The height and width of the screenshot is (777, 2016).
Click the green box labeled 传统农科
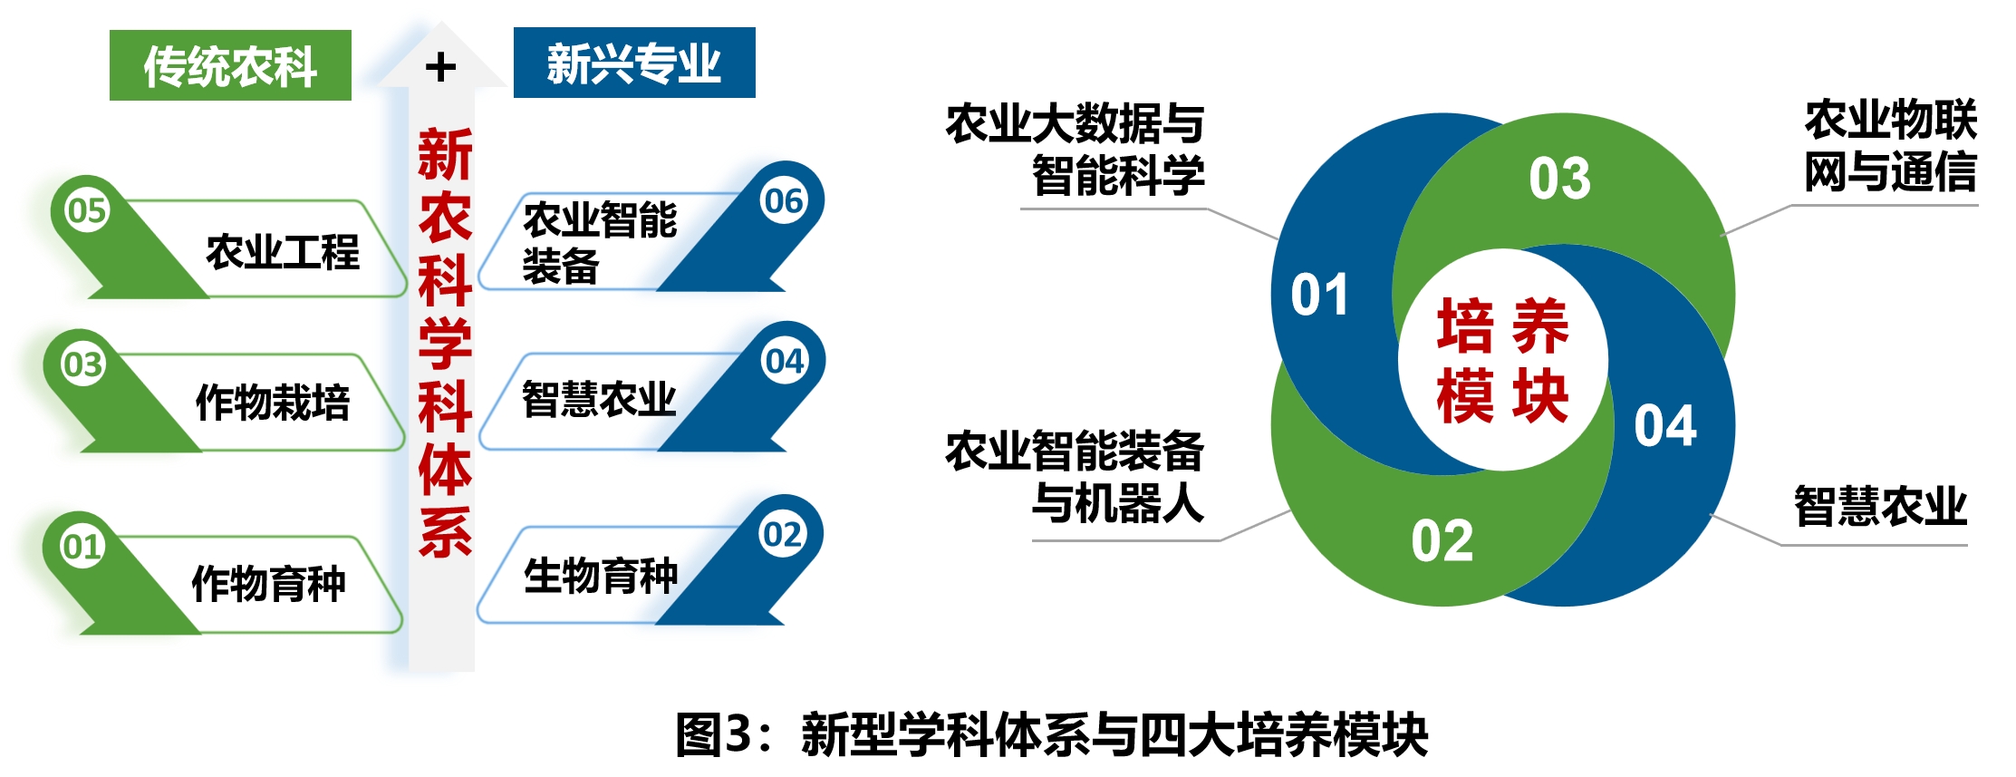click(230, 65)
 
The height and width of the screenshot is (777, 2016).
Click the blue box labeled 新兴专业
click(634, 63)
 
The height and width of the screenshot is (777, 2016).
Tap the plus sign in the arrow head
click(440, 67)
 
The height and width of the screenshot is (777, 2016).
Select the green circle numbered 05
click(87, 211)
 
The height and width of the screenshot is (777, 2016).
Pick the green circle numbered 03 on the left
click(82, 364)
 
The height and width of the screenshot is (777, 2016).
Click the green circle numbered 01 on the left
click(82, 547)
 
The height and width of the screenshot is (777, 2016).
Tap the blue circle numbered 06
click(784, 200)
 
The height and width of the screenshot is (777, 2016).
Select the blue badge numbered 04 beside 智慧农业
click(785, 361)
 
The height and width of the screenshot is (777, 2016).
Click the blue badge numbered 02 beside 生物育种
click(783, 534)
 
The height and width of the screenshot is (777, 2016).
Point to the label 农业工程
click(283, 252)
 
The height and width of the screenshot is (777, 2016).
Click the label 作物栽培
click(273, 403)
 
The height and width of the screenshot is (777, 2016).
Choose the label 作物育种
click(269, 583)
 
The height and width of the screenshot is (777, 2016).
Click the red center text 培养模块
click(1502, 361)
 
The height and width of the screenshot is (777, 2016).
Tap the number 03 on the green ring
click(1559, 179)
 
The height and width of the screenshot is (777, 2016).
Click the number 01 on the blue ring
click(1319, 296)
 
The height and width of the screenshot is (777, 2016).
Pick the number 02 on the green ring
click(1442, 541)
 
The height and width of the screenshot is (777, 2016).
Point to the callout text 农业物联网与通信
click(1890, 146)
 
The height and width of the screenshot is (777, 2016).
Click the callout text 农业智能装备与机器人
click(1075, 477)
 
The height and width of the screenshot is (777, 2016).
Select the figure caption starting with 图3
click(1052, 734)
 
